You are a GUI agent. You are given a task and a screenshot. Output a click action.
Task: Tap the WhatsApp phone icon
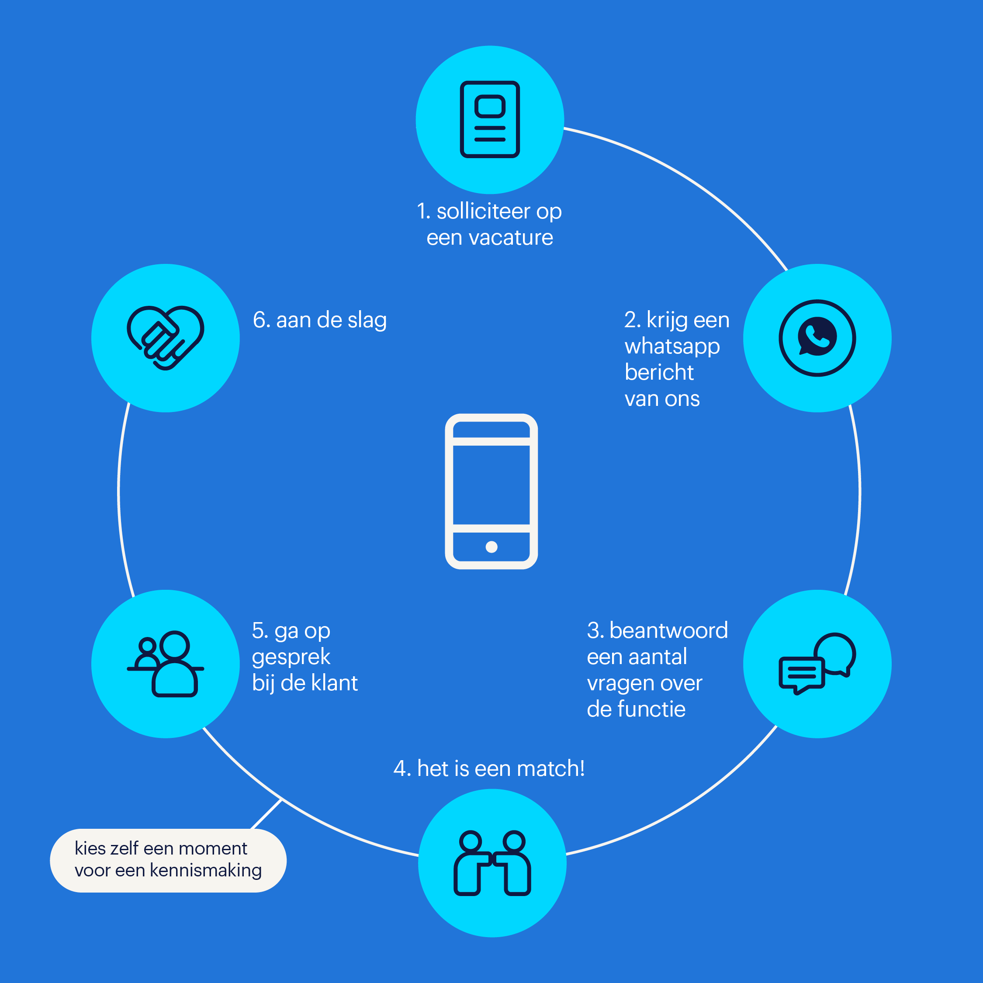point(817,338)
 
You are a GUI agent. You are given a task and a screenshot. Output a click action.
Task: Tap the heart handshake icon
point(165,338)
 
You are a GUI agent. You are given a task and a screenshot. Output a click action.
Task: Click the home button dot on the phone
point(491,547)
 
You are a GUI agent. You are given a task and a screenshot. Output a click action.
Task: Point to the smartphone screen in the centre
point(491,485)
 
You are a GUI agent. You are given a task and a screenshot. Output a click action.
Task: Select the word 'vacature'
point(511,238)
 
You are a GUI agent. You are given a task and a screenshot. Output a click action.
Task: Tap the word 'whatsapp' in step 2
point(672,347)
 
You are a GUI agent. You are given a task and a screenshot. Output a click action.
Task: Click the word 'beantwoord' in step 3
point(668,630)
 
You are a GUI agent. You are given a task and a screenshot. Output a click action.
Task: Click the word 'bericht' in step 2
point(659,372)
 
